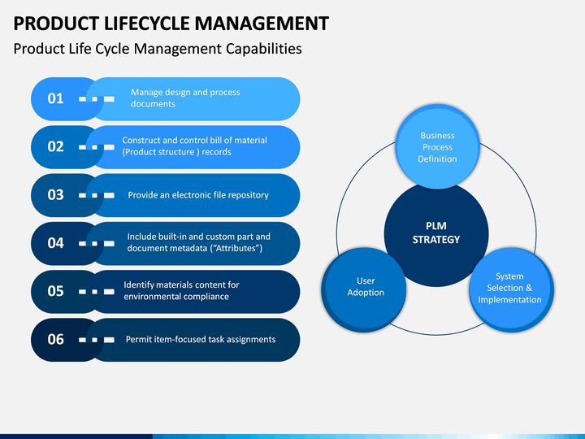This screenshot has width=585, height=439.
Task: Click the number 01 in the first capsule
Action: (55, 98)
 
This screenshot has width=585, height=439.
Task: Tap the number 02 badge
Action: (55, 146)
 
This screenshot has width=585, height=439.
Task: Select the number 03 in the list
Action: (55, 195)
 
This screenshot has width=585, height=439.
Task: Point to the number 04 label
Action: (55, 243)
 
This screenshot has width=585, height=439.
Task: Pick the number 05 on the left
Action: (55, 291)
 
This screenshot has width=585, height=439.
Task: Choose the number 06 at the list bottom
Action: (55, 339)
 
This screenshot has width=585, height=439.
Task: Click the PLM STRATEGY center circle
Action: (436, 233)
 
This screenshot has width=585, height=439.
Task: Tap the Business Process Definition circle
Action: (437, 146)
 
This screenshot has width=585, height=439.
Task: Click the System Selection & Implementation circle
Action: (511, 289)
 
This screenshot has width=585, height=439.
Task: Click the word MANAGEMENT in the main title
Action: (262, 24)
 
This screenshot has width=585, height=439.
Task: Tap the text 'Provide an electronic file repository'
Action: (198, 195)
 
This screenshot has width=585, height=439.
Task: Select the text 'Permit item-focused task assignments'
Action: (201, 340)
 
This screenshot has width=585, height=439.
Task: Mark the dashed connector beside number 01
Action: (96, 99)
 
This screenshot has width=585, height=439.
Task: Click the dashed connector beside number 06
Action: (96, 340)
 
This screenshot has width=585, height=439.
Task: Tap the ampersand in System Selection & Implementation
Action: (529, 288)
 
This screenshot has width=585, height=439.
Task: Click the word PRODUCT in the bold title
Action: (55, 24)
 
